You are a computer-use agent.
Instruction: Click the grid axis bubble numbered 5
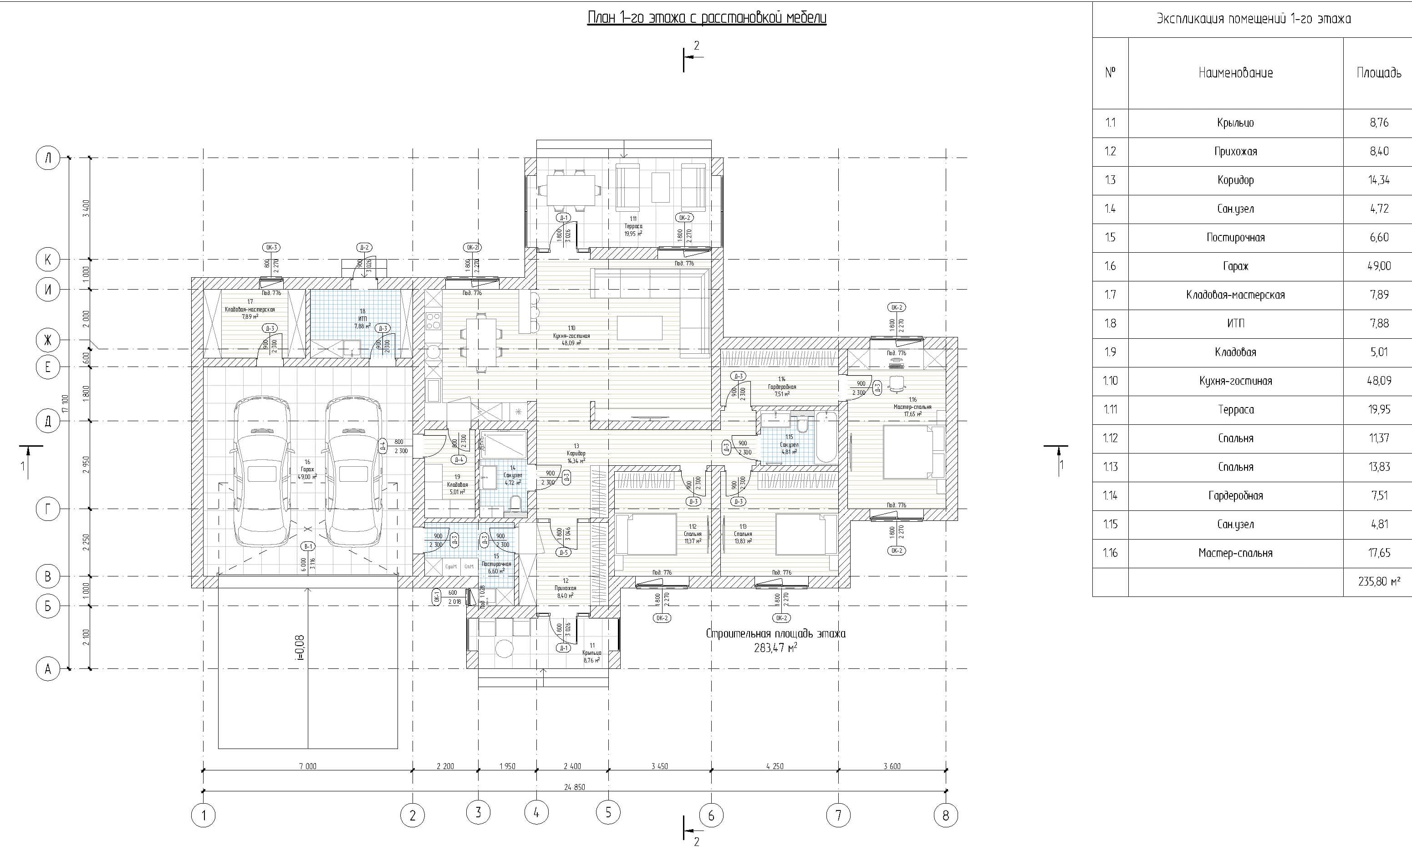608,811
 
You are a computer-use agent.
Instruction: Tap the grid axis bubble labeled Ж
48,340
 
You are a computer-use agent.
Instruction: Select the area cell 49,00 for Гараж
1379,266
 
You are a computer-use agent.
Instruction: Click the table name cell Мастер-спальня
1235,553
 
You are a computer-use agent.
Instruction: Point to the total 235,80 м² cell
1379,581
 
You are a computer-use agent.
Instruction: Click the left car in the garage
261,471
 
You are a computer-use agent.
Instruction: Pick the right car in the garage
353,471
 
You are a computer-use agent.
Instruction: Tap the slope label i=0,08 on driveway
300,647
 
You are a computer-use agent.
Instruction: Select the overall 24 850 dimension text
574,787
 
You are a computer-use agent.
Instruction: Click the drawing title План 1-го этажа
707,18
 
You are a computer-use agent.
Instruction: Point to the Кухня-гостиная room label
571,336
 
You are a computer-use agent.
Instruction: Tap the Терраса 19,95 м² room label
633,226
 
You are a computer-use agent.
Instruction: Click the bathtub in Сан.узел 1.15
826,437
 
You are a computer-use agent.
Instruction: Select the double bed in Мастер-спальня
908,451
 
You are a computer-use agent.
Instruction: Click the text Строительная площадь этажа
775,634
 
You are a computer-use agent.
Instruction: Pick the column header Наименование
1235,73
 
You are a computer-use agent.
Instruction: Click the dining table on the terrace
570,190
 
